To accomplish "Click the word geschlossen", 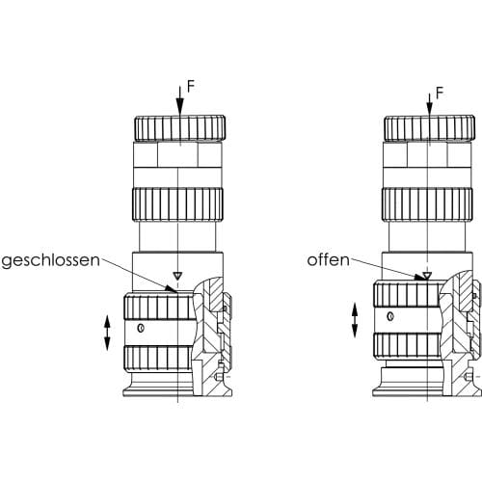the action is click(x=51, y=261).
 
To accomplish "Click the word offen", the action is click(x=328, y=259).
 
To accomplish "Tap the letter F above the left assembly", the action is click(x=191, y=87).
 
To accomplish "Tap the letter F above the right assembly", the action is click(x=440, y=94).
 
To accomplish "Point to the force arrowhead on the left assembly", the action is click(x=180, y=106).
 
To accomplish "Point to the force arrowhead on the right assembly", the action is click(x=430, y=107).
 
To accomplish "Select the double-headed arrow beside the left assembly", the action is click(x=107, y=333).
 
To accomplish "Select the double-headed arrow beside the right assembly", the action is click(x=355, y=320).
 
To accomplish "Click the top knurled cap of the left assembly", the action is click(x=179, y=128).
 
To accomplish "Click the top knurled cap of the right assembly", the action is click(x=429, y=128).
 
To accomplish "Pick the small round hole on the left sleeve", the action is click(x=141, y=329).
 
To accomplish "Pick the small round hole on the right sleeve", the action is click(x=390, y=316).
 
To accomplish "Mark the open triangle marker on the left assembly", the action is click(x=177, y=276).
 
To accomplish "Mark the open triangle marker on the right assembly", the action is click(x=427, y=276).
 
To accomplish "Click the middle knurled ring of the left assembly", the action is click(x=177, y=204).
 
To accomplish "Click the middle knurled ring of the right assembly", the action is click(x=427, y=204).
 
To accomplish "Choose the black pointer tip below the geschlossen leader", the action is click(x=171, y=289).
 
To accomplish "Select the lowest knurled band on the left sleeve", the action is click(x=158, y=360).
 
